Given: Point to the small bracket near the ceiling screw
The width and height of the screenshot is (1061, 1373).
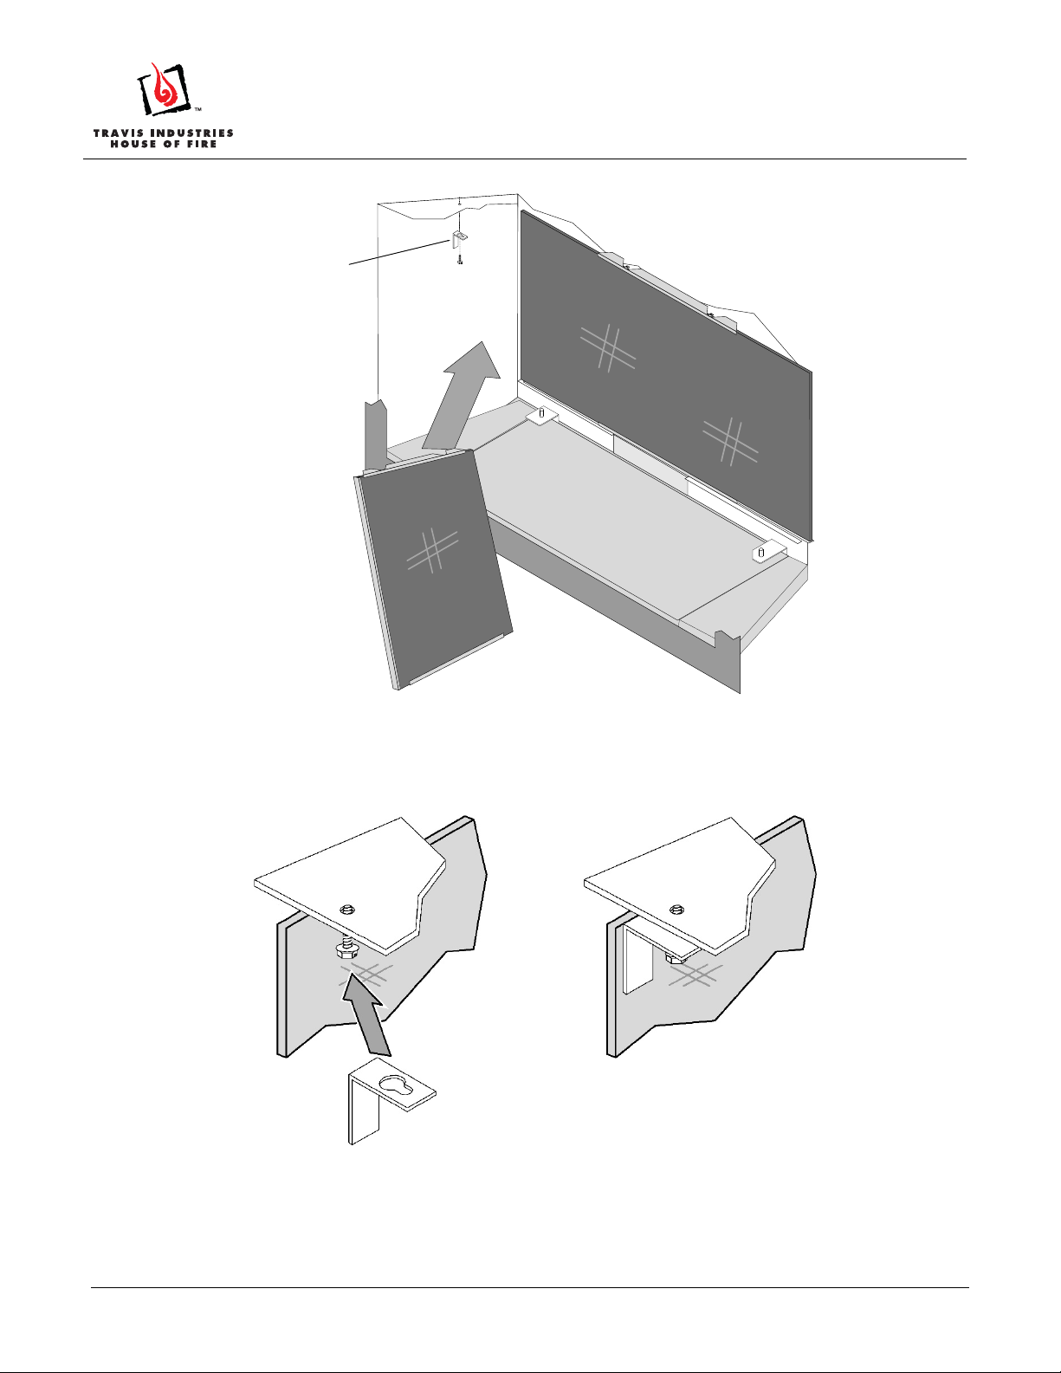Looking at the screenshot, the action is (458, 240).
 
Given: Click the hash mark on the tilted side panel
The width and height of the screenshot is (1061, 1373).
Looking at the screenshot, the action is (432, 550).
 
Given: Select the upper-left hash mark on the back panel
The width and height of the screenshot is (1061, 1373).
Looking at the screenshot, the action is (607, 348).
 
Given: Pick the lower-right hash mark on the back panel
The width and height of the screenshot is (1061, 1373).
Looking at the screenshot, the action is (730, 442).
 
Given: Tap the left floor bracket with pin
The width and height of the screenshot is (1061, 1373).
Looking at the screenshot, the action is (541, 415).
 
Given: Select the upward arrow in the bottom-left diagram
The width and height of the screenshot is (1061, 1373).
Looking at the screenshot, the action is (367, 1016).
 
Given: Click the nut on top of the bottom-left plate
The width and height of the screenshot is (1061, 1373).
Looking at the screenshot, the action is (346, 910).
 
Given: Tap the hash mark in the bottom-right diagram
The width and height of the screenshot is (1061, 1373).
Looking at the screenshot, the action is (695, 975).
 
